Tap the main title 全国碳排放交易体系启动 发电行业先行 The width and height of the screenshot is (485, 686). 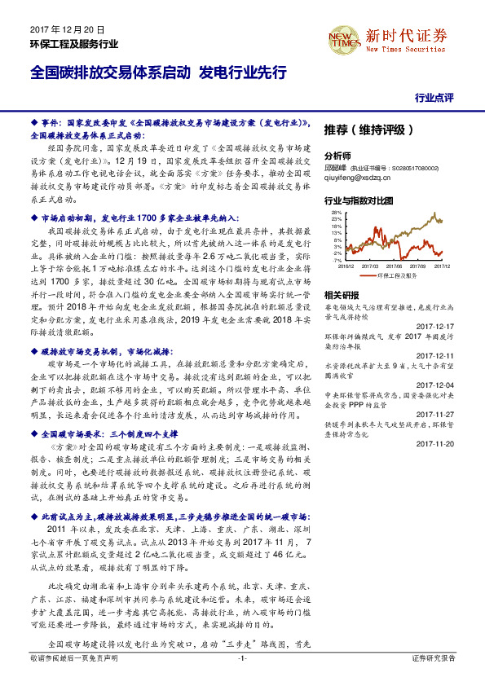pos(158,72)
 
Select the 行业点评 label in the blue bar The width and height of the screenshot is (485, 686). pos(434,97)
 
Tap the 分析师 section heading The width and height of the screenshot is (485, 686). pos(337,155)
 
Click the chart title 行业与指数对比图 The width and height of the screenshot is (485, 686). pos(359,200)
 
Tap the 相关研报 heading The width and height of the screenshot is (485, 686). pos(341,294)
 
